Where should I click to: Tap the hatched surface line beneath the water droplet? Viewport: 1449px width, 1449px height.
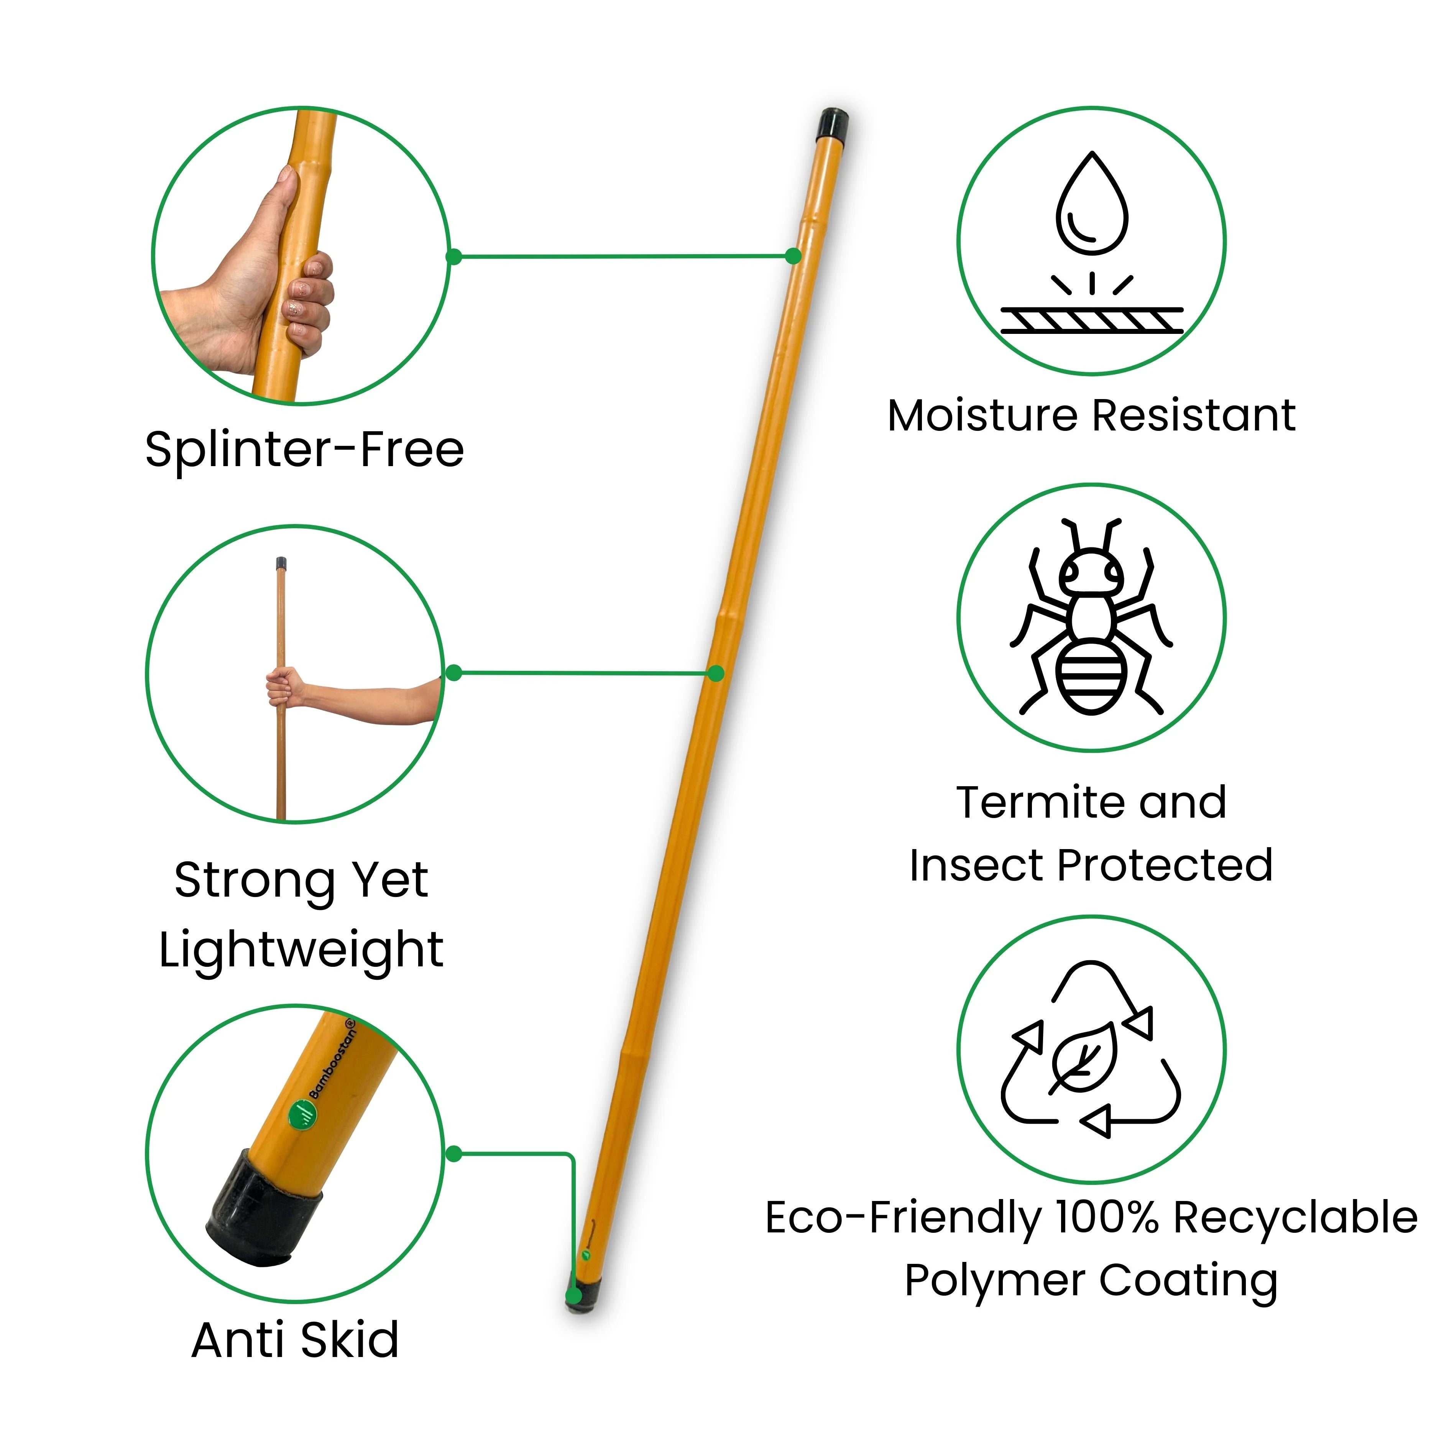[x=1092, y=320]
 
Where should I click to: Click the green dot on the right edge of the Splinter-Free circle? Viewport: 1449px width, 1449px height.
[x=453, y=256]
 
